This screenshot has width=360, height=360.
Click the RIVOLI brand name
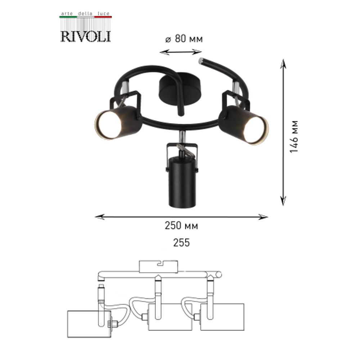click(85, 36)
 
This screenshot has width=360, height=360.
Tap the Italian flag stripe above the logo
click(85, 17)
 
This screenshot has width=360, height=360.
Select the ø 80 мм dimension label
click(184, 39)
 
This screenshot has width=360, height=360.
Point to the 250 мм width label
click(181, 226)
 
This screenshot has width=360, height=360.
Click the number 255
click(181, 243)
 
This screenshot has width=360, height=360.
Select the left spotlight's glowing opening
click(108, 125)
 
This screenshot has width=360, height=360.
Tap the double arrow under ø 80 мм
click(180, 52)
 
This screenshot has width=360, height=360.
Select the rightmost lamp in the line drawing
click(222, 317)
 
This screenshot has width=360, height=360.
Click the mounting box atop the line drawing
click(158, 266)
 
